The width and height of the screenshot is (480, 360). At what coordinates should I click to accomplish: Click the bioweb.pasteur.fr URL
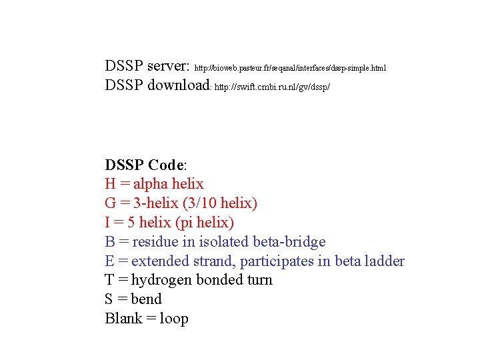click(290, 68)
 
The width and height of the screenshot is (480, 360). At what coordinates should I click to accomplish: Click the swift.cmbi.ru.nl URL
click(272, 87)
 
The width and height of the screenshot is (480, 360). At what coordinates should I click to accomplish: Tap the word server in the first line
click(168, 66)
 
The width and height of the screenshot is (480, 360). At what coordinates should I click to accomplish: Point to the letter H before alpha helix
click(111, 184)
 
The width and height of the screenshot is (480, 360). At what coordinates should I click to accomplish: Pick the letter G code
click(111, 203)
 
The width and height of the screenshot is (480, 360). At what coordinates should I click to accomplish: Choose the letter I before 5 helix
click(108, 222)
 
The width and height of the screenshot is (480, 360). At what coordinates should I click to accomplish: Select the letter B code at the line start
click(110, 241)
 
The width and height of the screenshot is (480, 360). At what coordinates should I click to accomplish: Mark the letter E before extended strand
click(110, 261)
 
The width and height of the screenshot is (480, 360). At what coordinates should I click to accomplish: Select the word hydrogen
click(162, 280)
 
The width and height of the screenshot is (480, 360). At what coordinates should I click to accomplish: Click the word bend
click(146, 299)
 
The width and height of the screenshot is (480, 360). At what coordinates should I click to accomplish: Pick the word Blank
click(123, 319)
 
